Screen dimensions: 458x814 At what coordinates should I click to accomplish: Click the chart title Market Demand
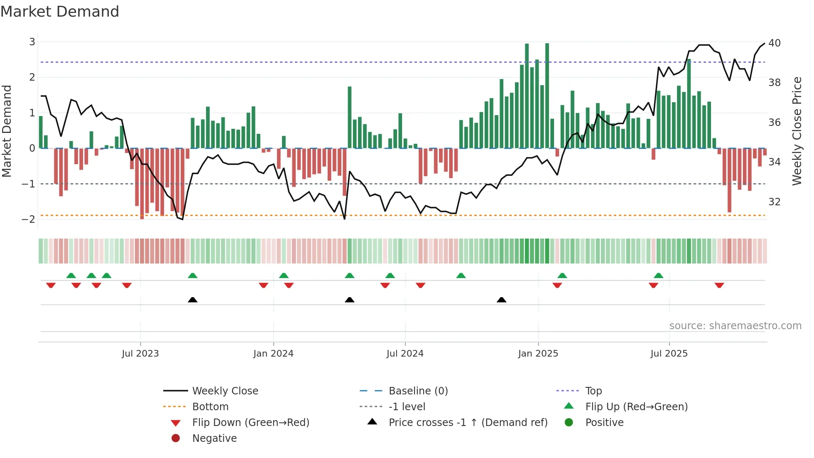point(60,12)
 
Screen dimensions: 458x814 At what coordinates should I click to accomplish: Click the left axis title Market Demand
point(7,131)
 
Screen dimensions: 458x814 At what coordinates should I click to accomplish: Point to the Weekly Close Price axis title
point(797,131)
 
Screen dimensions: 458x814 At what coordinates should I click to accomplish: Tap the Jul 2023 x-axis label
point(140,354)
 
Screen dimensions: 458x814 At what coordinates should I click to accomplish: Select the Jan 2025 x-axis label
point(538,354)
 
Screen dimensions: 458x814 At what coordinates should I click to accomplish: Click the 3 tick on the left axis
point(32,42)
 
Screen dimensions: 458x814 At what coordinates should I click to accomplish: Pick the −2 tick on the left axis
point(29,219)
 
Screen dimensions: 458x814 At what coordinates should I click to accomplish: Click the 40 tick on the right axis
point(774,43)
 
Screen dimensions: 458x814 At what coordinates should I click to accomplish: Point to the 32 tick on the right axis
point(774,202)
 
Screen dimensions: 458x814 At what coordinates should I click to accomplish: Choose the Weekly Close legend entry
point(225,391)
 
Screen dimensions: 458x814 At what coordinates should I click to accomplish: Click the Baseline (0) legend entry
point(418,391)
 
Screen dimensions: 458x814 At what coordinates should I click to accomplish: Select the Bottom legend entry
point(210,407)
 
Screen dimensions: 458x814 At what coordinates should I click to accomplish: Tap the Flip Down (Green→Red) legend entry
point(250,423)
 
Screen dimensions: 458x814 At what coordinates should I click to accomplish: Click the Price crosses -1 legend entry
point(468,423)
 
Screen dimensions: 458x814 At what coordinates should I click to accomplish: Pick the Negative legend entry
point(214,438)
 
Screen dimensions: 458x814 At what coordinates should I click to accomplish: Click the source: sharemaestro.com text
point(735,326)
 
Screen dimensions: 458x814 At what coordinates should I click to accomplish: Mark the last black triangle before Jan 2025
point(501,300)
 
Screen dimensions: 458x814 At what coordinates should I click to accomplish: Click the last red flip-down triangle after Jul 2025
point(719,285)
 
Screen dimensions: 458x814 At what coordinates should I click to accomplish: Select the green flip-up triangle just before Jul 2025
point(658,276)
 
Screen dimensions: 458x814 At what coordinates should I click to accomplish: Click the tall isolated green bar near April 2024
point(350,117)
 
